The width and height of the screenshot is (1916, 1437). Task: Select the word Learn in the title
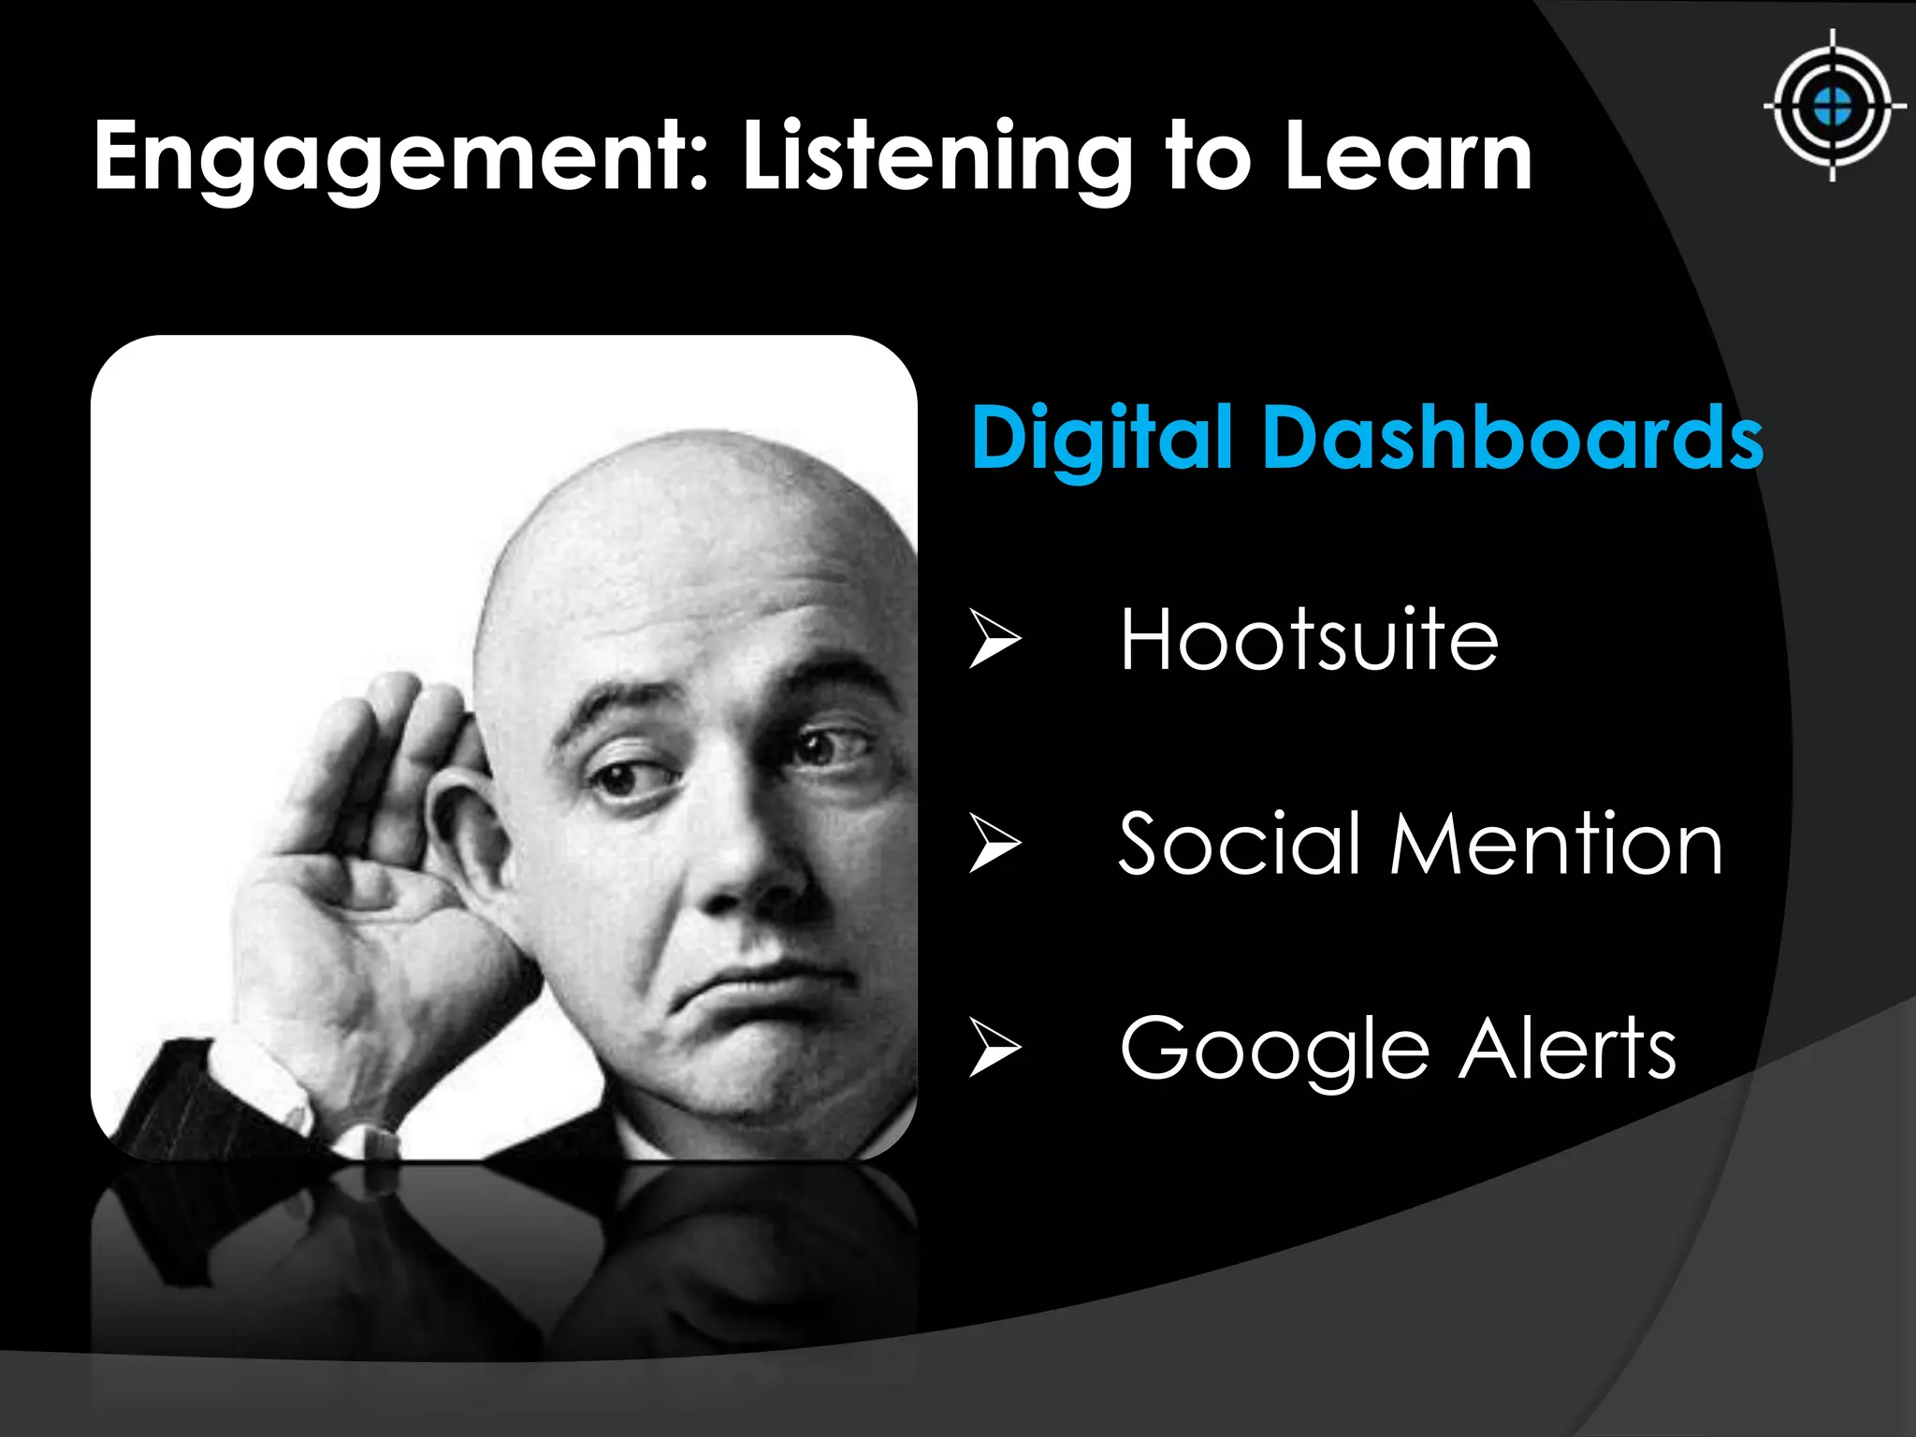(1408, 157)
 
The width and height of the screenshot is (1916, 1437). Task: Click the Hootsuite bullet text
(1309, 640)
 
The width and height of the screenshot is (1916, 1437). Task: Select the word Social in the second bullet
(1239, 844)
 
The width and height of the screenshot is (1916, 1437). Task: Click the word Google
(1274, 1050)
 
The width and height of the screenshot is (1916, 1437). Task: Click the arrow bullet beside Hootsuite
(994, 638)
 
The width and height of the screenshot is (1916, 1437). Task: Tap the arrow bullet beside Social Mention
(994, 842)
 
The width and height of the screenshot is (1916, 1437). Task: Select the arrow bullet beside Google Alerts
(994, 1047)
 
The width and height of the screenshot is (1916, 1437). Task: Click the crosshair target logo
(1832, 106)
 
